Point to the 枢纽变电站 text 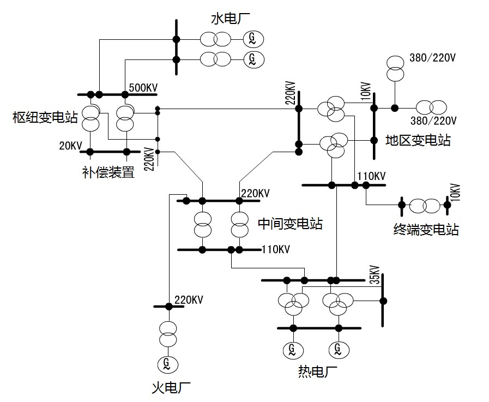pyautogui.click(x=46, y=117)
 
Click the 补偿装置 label pyautogui.click(x=108, y=173)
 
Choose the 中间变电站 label pyautogui.click(x=289, y=223)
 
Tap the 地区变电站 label pyautogui.click(x=418, y=140)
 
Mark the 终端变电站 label pyautogui.click(x=426, y=229)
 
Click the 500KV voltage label pyautogui.click(x=143, y=87)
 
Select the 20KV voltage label pyautogui.click(x=70, y=146)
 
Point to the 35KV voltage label pyautogui.click(x=374, y=275)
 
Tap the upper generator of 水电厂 pyautogui.click(x=252, y=38)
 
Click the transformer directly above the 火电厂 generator pyautogui.click(x=168, y=334)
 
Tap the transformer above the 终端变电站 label pyautogui.click(x=424, y=206)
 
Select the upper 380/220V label pyautogui.click(x=432, y=58)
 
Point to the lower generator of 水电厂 pyautogui.click(x=252, y=58)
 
